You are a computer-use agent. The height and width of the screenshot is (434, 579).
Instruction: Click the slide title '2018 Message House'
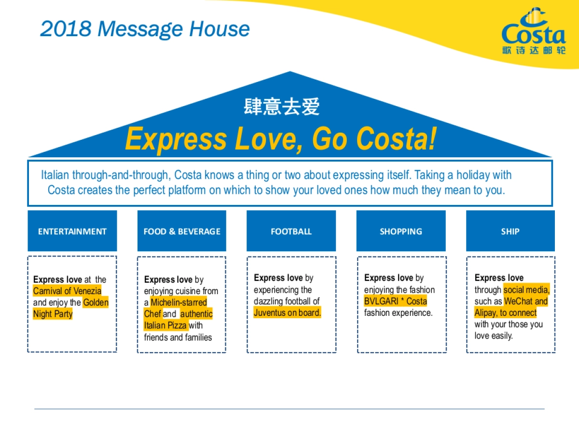pos(145,29)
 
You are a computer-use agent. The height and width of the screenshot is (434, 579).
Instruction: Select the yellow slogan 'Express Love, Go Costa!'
pos(280,139)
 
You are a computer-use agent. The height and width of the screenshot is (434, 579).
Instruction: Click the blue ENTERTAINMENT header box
pos(72,231)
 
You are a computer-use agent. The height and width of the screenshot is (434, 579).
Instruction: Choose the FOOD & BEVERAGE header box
pos(181,231)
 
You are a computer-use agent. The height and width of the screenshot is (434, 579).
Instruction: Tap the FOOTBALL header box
pos(291,231)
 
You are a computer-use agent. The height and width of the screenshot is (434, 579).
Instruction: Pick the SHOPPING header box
pos(400,231)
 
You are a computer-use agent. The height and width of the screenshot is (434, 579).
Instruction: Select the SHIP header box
pos(510,231)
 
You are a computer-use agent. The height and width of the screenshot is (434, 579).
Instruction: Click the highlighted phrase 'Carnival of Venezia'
pos(67,291)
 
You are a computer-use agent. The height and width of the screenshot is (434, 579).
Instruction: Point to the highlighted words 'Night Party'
pos(53,314)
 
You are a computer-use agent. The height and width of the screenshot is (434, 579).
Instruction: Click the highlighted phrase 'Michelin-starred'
pos(179,302)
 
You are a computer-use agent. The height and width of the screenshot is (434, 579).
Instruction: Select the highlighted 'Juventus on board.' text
pos(288,312)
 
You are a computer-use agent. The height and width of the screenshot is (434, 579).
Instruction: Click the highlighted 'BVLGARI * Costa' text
pos(396,301)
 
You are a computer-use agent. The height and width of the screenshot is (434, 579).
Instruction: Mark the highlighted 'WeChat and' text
pos(526,301)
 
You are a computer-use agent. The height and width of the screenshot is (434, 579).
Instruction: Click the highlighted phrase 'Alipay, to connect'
pos(505,312)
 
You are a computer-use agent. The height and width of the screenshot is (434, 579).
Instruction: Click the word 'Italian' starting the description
pos(55,175)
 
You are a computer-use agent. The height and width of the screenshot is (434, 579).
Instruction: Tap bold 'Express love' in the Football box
pos(278,278)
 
